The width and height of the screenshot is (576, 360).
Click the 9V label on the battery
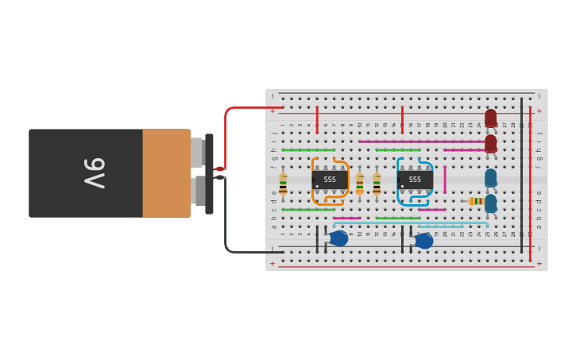pos(95,173)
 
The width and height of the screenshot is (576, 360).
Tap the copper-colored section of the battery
pos(166,173)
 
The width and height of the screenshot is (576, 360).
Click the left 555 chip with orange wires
pos(329,180)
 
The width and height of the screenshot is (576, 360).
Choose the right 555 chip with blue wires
pos(414,180)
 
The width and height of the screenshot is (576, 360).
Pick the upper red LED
pos(491,118)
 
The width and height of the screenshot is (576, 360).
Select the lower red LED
pos(491,144)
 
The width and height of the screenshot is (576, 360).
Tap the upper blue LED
pos(491,177)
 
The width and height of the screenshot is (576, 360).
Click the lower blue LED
pos(491,203)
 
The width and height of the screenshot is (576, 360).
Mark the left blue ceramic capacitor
pos(338,238)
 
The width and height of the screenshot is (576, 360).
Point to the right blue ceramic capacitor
pos(424,240)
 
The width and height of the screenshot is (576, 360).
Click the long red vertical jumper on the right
pos(531,183)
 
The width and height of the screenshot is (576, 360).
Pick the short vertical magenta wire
pos(445,180)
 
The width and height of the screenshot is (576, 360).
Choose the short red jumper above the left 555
pos(317,119)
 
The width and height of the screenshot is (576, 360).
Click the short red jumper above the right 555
pos(403,118)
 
